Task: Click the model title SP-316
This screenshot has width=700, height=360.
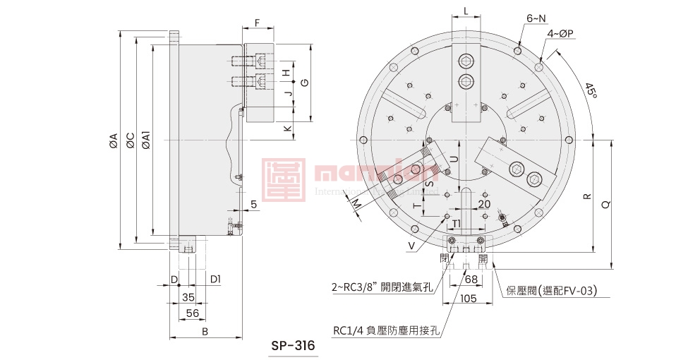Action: pyautogui.click(x=293, y=347)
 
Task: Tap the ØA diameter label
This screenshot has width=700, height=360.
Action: pyautogui.click(x=113, y=140)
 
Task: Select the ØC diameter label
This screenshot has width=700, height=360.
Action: pyautogui.click(x=129, y=140)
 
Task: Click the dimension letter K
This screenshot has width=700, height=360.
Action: pyautogui.click(x=287, y=129)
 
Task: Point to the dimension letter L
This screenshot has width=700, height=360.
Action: pyautogui.click(x=466, y=11)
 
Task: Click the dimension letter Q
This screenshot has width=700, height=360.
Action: pyautogui.click(x=605, y=204)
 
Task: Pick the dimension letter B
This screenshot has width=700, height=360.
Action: pyautogui.click(x=205, y=331)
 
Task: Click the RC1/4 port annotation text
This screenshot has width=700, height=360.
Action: pyautogui.click(x=386, y=330)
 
